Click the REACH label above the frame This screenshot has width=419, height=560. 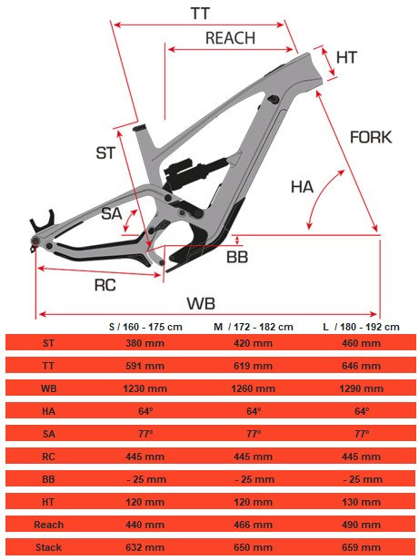230,38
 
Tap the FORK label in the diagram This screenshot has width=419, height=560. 371,137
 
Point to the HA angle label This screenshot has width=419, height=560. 302,187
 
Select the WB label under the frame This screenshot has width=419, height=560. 201,303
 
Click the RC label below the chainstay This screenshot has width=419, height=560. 105,285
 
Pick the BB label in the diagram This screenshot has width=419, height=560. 237,257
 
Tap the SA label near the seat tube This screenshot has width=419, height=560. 111,213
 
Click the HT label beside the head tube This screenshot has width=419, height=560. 346,57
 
